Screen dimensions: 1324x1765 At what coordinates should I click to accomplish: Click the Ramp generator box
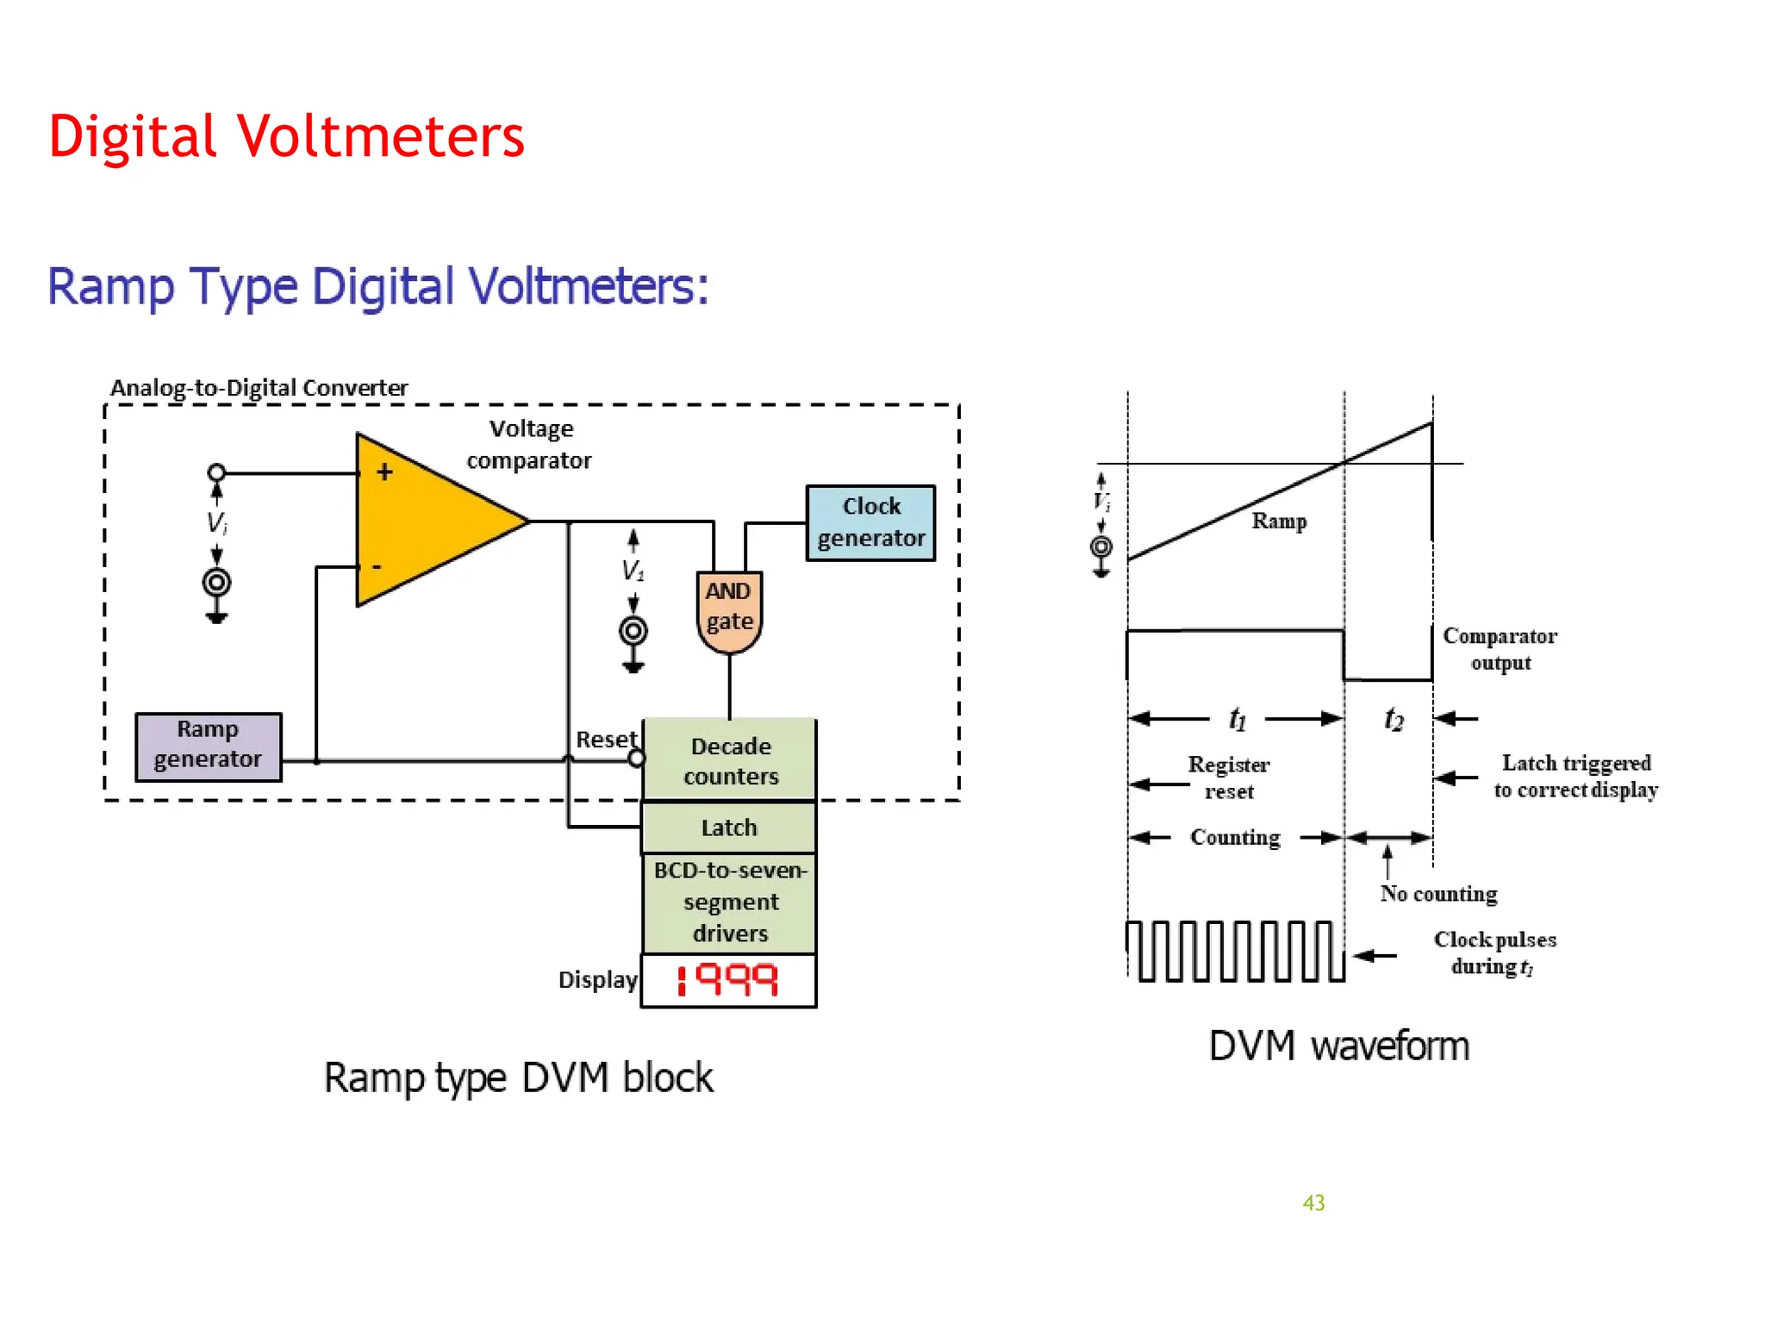click(x=208, y=746)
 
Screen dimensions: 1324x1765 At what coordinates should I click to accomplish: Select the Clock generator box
click(x=870, y=522)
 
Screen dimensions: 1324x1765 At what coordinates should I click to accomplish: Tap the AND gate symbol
click(x=729, y=609)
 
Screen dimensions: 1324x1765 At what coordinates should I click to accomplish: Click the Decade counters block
click(x=730, y=760)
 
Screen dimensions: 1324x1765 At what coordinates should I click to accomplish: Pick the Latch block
click(x=729, y=827)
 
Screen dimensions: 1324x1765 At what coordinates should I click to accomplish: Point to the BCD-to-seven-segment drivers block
click(x=730, y=902)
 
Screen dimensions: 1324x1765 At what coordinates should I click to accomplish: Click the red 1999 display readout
click(x=729, y=980)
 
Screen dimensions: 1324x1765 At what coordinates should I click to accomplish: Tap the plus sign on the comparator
click(x=384, y=472)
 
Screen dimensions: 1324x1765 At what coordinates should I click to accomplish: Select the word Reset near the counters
click(x=606, y=740)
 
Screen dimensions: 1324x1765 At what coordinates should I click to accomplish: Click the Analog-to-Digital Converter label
click(x=259, y=388)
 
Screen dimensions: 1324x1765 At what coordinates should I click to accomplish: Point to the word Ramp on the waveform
click(x=1279, y=521)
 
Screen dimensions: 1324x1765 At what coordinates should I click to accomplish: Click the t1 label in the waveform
click(x=1238, y=718)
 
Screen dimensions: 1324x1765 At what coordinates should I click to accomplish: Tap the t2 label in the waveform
click(x=1394, y=718)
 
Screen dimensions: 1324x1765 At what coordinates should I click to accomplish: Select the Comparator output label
click(x=1500, y=649)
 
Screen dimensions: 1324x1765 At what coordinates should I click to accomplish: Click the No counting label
click(x=1438, y=894)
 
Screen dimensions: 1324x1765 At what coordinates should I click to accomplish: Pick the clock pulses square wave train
click(x=1235, y=951)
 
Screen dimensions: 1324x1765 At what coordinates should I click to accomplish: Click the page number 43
click(x=1313, y=1202)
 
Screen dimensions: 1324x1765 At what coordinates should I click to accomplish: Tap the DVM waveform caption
click(x=1338, y=1046)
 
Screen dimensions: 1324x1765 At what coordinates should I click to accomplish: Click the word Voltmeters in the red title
click(x=380, y=136)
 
